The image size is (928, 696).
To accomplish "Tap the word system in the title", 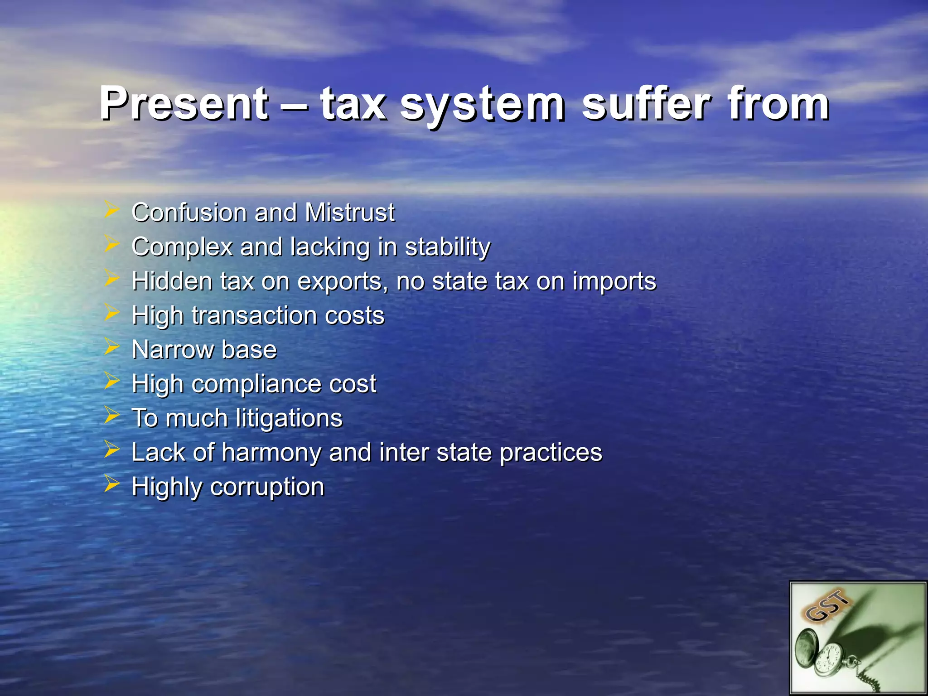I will tap(482, 105).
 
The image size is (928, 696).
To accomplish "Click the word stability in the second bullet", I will tap(447, 248).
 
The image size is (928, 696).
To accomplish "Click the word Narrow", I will tap(173, 350).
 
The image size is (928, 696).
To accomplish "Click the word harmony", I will tap(271, 453).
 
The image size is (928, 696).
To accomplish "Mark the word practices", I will tap(551, 453).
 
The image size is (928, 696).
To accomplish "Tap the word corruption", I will tap(267, 488).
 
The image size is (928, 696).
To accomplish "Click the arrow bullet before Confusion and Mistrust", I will tap(111, 210).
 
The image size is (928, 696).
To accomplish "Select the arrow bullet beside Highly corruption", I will tap(111, 484).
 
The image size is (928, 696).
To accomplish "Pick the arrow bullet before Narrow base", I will tap(111, 347).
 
